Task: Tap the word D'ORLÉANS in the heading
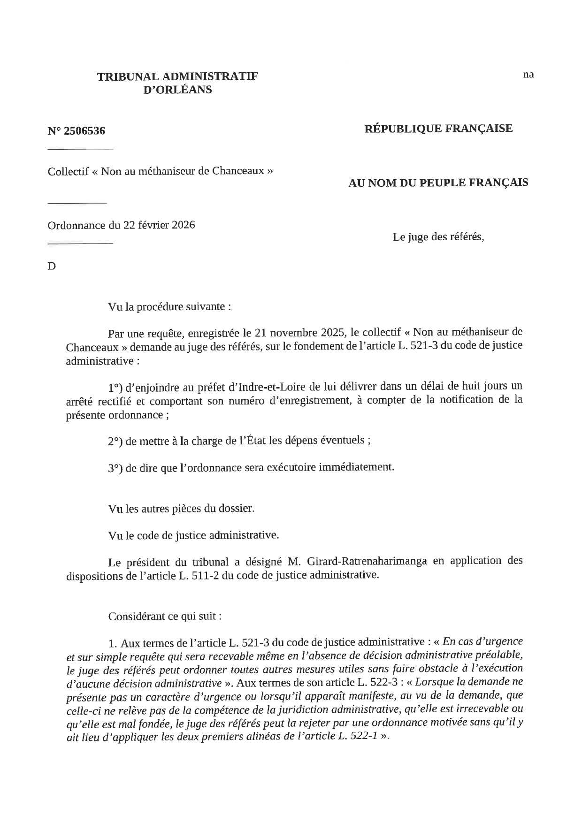(x=177, y=90)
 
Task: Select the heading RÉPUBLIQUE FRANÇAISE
(x=438, y=128)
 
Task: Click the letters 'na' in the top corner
(x=528, y=74)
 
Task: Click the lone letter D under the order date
(x=52, y=266)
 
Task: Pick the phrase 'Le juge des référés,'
(x=438, y=237)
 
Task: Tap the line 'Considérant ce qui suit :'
(x=164, y=616)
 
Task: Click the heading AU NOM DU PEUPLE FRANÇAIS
(x=437, y=183)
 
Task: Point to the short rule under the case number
(x=80, y=149)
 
